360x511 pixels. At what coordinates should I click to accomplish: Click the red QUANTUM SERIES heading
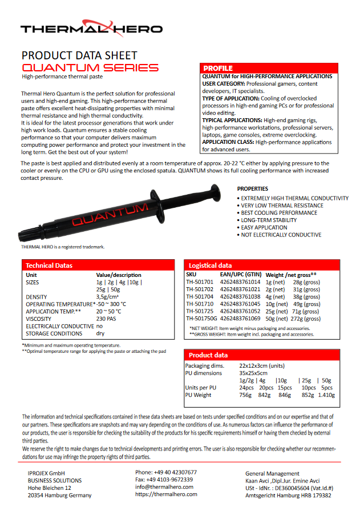[x=90, y=68]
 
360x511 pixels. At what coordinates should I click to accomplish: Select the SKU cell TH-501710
[x=200, y=304]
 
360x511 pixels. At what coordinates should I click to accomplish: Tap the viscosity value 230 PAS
[x=106, y=319]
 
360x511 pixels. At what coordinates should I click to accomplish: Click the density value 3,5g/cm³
[x=108, y=297]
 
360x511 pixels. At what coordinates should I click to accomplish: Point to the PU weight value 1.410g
[x=326, y=394]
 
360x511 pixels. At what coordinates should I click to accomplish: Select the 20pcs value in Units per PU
[x=266, y=388]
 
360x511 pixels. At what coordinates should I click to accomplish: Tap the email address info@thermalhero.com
[x=164, y=487]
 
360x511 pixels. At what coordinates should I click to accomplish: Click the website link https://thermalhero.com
[x=166, y=494]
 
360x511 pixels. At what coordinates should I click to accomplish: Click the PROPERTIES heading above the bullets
[x=253, y=188]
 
